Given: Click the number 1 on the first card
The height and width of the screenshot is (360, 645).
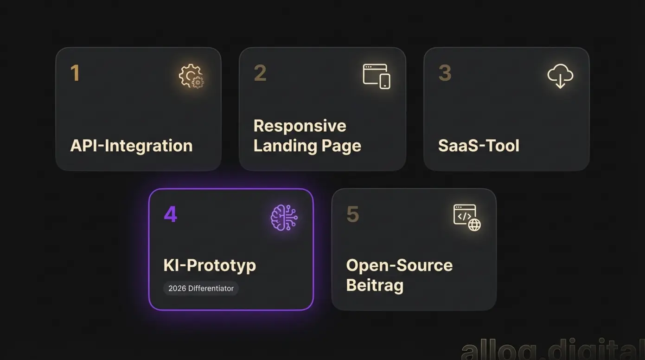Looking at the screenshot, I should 75,73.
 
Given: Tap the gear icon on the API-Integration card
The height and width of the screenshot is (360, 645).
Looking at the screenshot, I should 192,76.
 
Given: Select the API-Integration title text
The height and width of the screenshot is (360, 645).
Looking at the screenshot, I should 131,146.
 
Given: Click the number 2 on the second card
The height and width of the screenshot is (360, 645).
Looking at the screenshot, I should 260,73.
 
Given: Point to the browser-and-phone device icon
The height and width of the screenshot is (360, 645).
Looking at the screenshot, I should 376,76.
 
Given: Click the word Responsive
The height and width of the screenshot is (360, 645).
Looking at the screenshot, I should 300,126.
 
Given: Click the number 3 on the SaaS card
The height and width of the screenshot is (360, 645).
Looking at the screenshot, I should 445,73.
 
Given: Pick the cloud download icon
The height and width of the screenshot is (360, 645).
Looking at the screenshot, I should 560,76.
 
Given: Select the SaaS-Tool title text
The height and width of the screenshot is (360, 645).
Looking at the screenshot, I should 479,146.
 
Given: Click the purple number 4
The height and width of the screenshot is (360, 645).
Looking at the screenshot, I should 170,214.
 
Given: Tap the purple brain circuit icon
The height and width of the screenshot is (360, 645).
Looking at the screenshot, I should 284,217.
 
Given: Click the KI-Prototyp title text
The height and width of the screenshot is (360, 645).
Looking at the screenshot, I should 210,265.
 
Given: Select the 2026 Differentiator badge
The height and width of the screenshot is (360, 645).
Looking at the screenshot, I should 201,289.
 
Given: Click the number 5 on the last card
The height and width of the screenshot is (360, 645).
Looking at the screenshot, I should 352,214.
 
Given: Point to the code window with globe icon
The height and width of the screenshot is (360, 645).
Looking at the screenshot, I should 466,217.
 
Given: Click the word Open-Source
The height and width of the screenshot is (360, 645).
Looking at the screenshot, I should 399,265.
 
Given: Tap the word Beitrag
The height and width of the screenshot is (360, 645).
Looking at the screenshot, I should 375,285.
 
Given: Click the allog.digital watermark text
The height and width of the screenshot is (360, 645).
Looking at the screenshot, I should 552,350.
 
